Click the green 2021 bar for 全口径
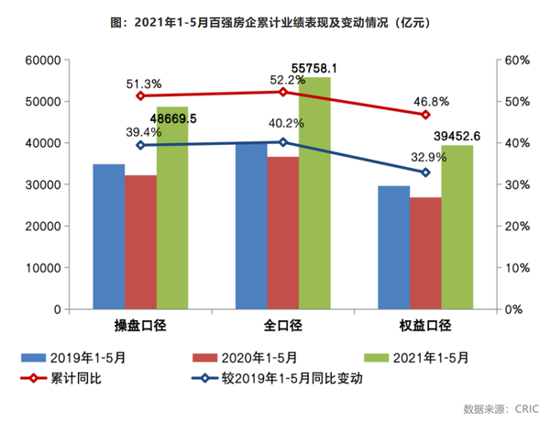(x=314, y=193)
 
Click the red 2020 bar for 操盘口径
(x=140, y=242)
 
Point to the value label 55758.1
(x=314, y=68)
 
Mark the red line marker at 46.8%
(x=425, y=115)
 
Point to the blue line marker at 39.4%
(x=140, y=145)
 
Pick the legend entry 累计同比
(x=82, y=377)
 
